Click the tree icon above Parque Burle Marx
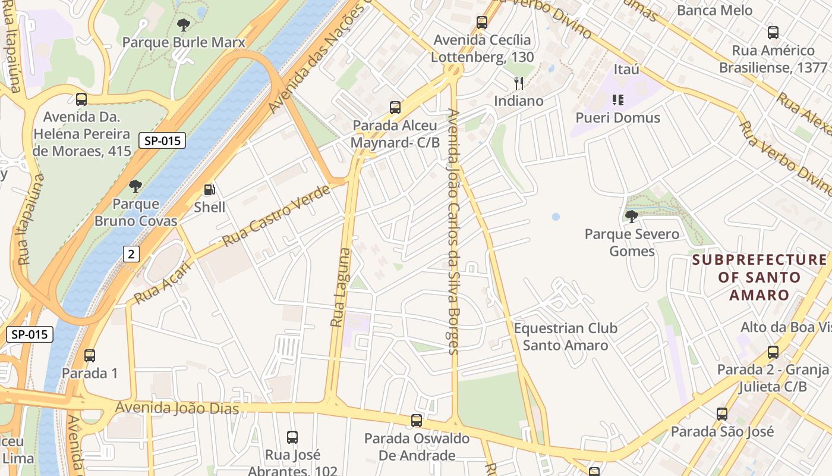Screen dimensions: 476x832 (184, 25)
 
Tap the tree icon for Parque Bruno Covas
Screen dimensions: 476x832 (135, 186)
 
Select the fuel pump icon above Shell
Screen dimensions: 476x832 (209, 190)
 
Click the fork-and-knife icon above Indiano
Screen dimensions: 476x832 (519, 83)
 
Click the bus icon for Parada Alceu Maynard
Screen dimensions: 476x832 (395, 108)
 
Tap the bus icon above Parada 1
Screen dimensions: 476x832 (90, 356)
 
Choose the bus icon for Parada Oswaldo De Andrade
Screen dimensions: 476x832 (417, 421)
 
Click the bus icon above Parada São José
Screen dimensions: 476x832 (722, 414)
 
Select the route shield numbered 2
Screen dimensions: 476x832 (131, 254)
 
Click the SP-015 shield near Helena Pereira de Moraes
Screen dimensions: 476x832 (162, 141)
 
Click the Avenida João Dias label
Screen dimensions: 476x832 (177, 408)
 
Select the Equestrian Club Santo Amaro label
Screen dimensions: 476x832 (565, 337)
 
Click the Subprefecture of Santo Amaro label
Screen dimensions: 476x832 (759, 277)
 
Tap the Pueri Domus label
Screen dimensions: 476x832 (618, 118)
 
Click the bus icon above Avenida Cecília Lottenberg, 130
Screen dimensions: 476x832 (482, 23)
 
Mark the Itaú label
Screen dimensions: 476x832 (626, 70)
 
